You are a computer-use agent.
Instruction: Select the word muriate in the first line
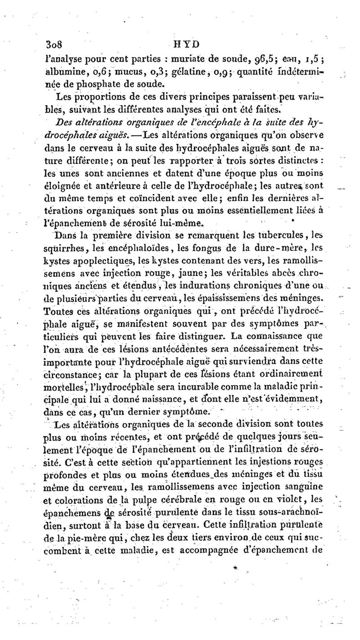coord(169,59)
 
